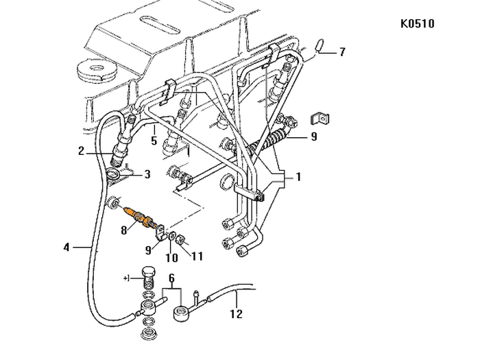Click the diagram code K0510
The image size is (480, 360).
417,24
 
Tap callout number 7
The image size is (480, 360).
342,51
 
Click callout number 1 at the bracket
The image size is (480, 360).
298,176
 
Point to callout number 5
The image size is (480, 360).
154,141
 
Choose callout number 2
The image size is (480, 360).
81,152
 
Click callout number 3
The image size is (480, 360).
146,176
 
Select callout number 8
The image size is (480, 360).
124,231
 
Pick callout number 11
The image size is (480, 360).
197,257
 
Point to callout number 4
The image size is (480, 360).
67,245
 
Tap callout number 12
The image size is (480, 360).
235,315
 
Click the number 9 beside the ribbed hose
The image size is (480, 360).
313,136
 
